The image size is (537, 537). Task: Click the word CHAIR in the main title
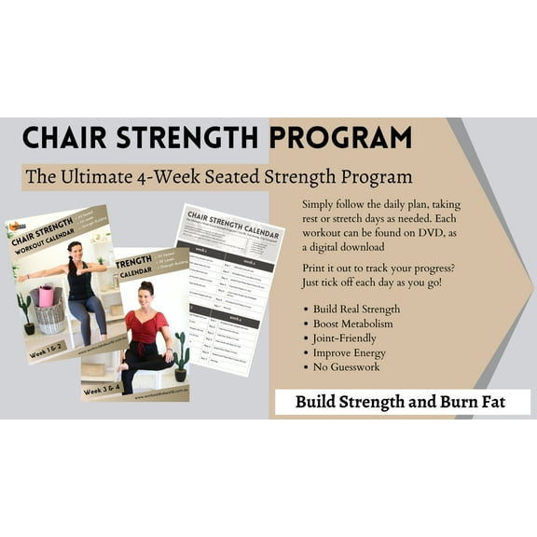coord(64,138)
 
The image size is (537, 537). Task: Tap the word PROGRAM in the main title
coord(340,138)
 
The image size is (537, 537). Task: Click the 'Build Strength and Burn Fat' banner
coord(402,403)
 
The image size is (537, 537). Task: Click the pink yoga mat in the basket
coord(46,296)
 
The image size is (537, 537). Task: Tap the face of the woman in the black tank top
coord(74,251)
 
